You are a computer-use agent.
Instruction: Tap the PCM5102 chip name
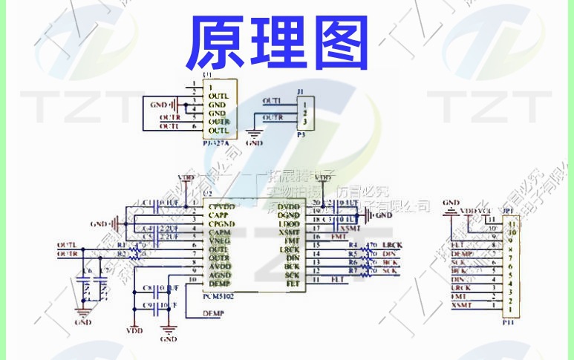(218, 295)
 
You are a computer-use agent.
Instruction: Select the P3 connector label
(301, 136)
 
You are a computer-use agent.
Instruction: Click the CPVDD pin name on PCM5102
(222, 206)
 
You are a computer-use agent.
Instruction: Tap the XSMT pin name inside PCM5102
(289, 232)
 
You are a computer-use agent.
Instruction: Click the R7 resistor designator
(353, 271)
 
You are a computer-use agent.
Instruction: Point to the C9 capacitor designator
(147, 304)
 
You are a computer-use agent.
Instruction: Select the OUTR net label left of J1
(272, 117)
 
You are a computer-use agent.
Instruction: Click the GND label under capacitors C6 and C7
(83, 323)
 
